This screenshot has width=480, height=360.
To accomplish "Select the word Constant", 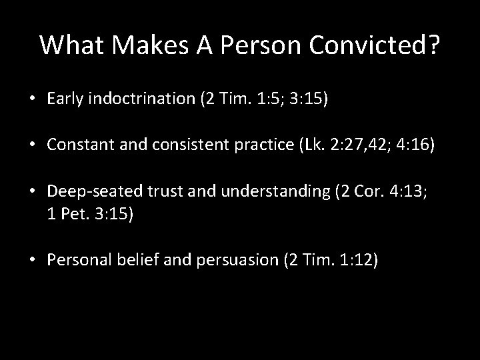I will coord(77,145).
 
